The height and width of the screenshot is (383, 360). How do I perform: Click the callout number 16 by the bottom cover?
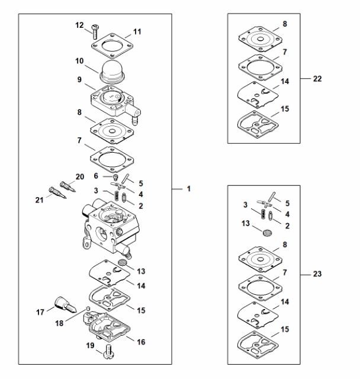[141, 342]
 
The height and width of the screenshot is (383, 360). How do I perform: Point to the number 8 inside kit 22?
[285, 24]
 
